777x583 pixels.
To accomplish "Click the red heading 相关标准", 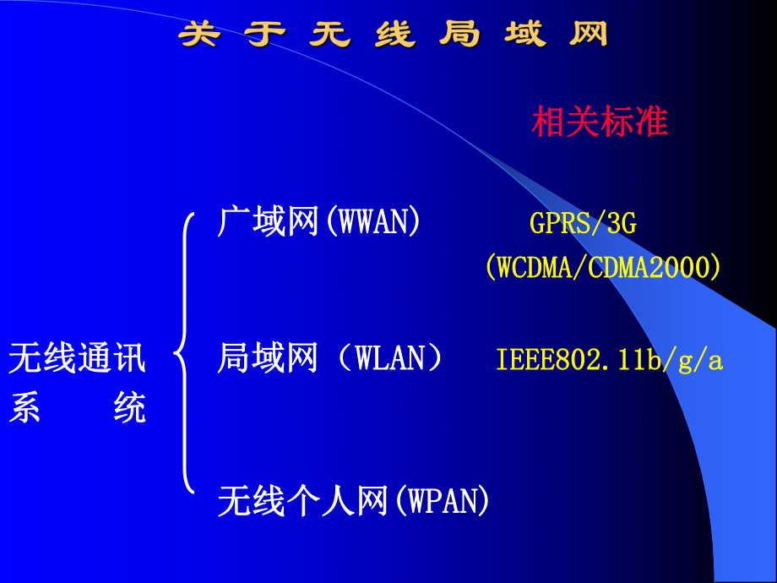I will coord(600,123).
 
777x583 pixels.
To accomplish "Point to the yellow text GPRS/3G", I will coord(583,223).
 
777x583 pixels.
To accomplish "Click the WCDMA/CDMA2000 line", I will coord(603,268).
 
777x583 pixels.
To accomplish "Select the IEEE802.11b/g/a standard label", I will coord(609,361).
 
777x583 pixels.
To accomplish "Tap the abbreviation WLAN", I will coord(388,358).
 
